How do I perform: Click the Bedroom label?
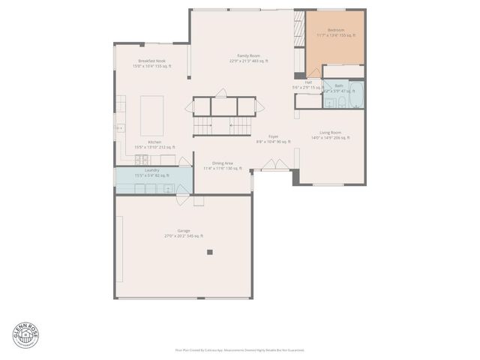coord(335,30)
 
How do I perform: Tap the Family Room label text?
coord(248,56)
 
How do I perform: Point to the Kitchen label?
coord(154,142)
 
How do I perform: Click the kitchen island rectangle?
coord(153,109)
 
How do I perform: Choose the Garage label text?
coord(184,230)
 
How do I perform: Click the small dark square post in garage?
coord(210,252)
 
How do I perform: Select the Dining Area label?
coord(223,163)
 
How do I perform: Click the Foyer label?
coord(273,136)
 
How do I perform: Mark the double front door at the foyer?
coord(277,165)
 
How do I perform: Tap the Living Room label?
coord(330,133)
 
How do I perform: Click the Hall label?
coord(308,82)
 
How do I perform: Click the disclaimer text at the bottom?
coord(239,349)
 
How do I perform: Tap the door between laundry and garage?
coord(182,199)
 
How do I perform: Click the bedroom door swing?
coord(314,71)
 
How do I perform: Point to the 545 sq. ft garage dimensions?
coord(184,236)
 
